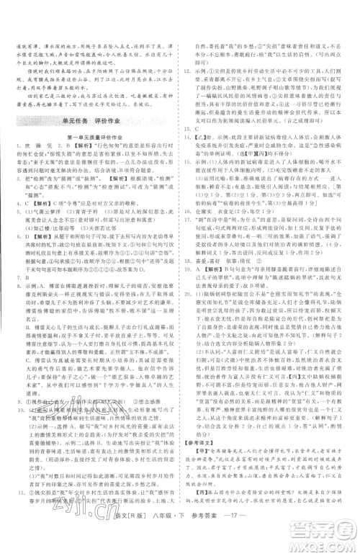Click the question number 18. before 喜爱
click(189, 269)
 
